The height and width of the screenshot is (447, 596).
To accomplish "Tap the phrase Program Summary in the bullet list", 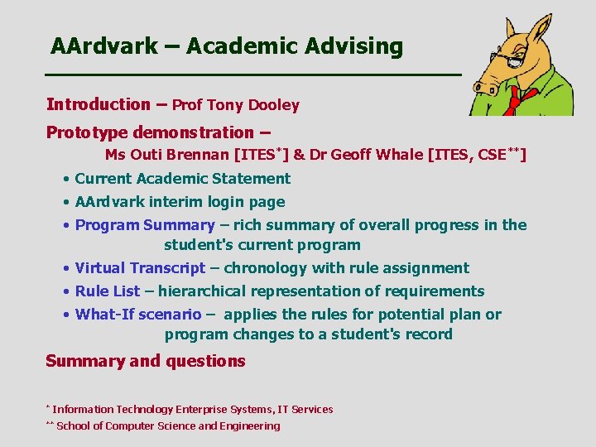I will pos(145,225).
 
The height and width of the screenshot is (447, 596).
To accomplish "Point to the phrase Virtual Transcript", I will pos(140,268).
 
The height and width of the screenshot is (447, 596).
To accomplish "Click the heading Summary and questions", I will pos(146,361).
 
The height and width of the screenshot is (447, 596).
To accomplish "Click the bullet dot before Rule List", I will pos(65,291).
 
